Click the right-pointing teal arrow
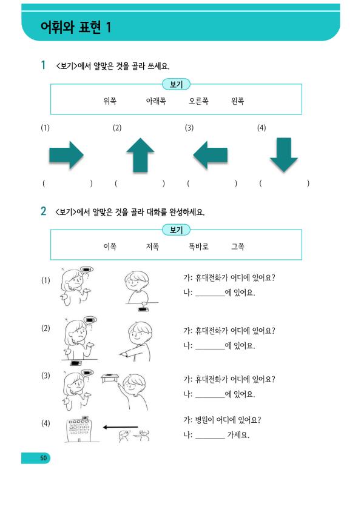click(x=67, y=155)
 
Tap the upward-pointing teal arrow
click(x=140, y=155)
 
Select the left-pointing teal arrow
click(x=211, y=155)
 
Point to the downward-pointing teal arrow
click(x=284, y=155)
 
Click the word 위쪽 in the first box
click(x=110, y=101)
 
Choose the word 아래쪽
click(x=156, y=101)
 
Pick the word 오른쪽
click(x=199, y=101)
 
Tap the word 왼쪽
click(x=237, y=101)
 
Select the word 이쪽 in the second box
click(x=110, y=247)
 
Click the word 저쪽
click(x=152, y=247)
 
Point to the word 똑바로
click(x=199, y=247)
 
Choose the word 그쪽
click(x=237, y=247)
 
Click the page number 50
click(x=43, y=458)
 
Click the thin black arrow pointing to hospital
click(x=120, y=427)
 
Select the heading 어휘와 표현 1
click(x=76, y=27)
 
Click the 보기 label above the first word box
click(x=176, y=85)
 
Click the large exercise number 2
click(x=43, y=211)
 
